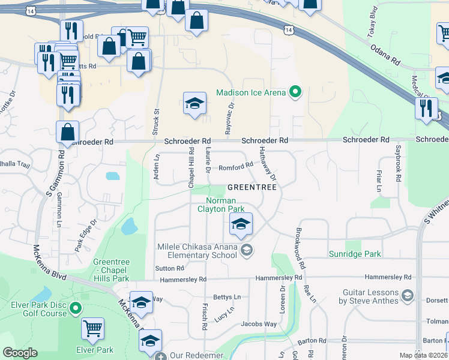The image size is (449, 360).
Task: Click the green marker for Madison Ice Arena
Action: pos(295,92)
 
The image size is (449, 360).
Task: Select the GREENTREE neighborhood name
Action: pos(252,187)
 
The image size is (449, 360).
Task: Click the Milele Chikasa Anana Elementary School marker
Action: pos(246,250)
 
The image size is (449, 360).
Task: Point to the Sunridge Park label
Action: pos(355,254)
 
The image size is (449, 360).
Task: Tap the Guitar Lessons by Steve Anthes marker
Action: pos(408,295)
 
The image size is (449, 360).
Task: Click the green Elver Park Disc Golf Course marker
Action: pos(75,309)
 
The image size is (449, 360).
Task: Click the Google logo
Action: pos(20,353)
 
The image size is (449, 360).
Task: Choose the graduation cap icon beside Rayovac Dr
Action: pos(194,104)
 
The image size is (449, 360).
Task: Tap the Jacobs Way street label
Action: pos(259,324)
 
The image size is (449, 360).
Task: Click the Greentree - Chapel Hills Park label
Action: pos(111,270)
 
